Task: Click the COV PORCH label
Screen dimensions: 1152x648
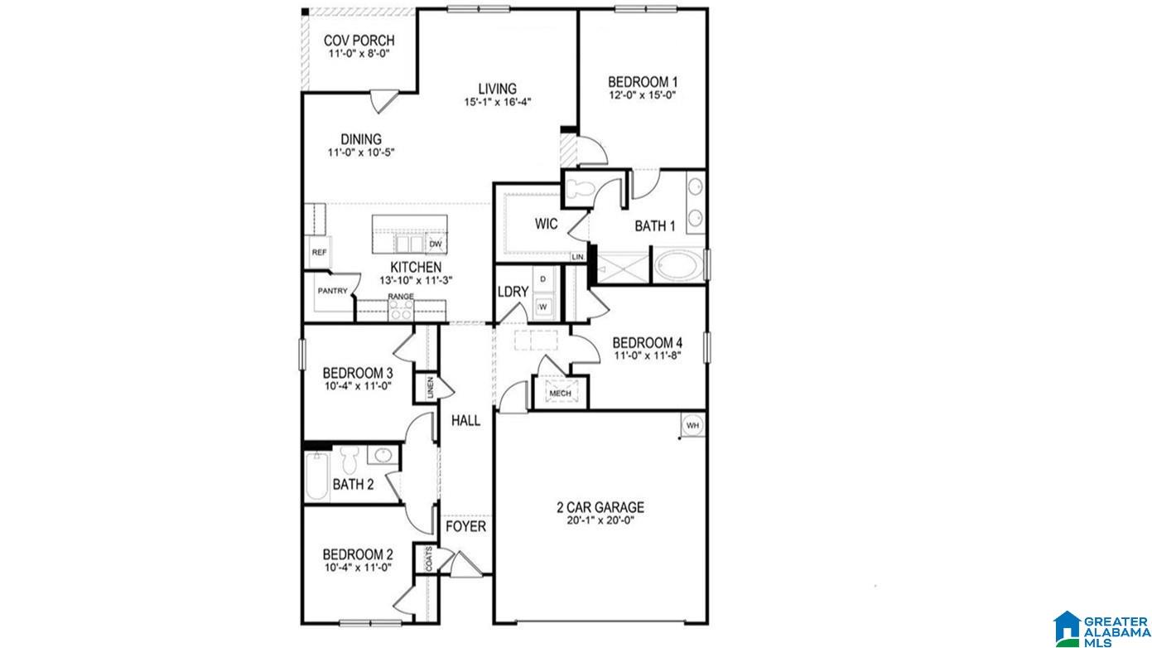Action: (x=359, y=40)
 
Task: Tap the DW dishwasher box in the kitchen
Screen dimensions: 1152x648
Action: (x=436, y=244)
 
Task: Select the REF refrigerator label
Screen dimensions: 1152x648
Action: (x=319, y=252)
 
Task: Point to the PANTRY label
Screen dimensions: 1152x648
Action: (x=332, y=291)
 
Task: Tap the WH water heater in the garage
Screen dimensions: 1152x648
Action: (x=692, y=425)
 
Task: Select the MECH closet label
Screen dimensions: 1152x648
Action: (x=560, y=394)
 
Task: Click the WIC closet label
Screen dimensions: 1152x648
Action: (x=546, y=224)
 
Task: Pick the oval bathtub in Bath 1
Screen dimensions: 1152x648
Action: (x=677, y=266)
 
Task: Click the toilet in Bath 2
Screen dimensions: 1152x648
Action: (x=349, y=460)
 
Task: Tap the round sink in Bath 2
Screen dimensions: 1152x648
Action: (x=383, y=456)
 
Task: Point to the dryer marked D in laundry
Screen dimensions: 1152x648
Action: (x=543, y=279)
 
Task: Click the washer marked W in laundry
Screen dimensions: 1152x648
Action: (x=543, y=307)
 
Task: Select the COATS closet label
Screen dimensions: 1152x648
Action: (x=429, y=559)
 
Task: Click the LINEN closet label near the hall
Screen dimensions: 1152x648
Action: (x=431, y=388)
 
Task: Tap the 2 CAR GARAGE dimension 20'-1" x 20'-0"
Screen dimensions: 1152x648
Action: (x=600, y=520)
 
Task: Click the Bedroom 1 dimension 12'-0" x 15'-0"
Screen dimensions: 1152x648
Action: (x=643, y=94)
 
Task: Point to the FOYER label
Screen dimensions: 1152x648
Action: (x=465, y=526)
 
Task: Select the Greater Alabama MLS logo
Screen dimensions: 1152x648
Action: (x=1101, y=629)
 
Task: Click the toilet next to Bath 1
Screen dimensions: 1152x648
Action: (x=580, y=189)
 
